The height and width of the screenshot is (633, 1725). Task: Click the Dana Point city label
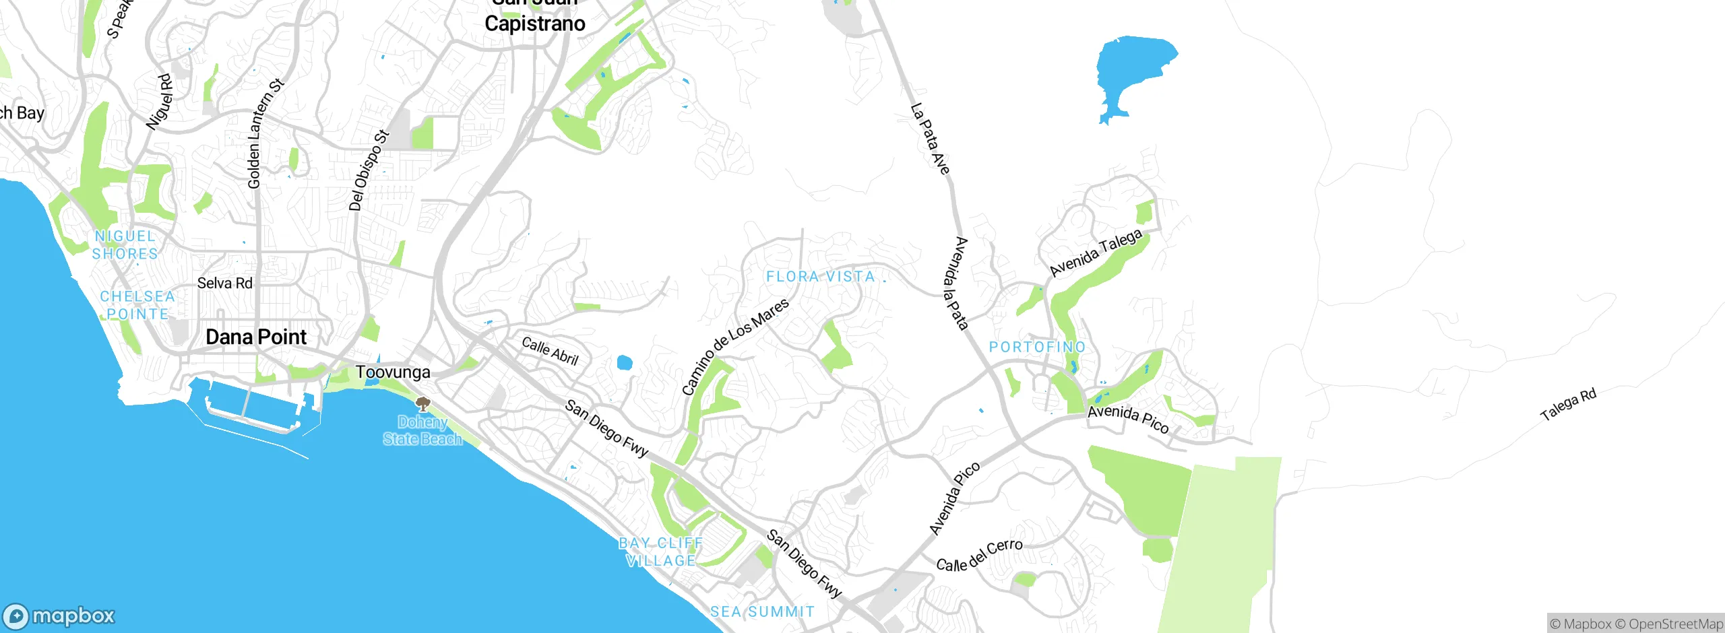coord(256,337)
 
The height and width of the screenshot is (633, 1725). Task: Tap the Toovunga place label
coord(393,372)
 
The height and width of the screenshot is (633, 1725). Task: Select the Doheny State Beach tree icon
coord(422,404)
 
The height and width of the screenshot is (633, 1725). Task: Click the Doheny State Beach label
coord(422,431)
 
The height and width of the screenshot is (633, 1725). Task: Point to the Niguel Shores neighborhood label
coord(125,245)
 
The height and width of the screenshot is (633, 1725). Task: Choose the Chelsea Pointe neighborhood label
coord(137,305)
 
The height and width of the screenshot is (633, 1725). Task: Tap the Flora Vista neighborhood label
coord(821,277)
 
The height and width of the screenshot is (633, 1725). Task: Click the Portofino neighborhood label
coord(1037,347)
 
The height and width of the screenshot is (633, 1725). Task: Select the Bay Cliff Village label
coord(661,552)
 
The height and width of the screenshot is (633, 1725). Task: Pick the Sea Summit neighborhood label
coord(762,611)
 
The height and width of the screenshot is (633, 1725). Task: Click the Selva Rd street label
coord(224,284)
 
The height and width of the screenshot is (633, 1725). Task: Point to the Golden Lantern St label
coord(265,133)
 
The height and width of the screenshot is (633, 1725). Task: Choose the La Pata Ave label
coord(930,139)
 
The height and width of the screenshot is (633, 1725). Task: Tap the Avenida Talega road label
coord(1096,253)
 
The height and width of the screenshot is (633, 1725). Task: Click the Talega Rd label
coord(1568,404)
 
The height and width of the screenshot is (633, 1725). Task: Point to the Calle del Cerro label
coord(979,556)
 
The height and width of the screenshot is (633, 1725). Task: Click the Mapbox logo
coord(59,615)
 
